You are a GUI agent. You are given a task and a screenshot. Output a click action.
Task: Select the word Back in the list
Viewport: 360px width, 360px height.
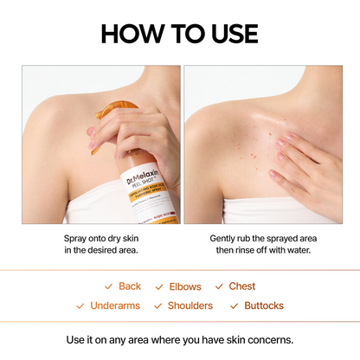pyautogui.click(x=130, y=286)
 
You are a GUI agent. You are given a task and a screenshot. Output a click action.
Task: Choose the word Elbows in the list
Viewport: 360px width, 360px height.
pyautogui.click(x=184, y=286)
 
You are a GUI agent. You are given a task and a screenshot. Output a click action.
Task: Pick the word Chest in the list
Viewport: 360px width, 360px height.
pyautogui.click(x=242, y=286)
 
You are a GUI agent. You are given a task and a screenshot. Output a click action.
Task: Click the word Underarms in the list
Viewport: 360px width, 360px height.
pyautogui.click(x=114, y=305)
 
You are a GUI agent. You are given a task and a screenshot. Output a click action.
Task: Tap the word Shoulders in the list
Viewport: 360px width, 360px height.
pyautogui.click(x=190, y=305)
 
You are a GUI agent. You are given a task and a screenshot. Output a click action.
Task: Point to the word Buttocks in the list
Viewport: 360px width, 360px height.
pyautogui.click(x=264, y=305)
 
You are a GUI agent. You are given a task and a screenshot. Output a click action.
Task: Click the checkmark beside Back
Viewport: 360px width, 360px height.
pyautogui.click(x=108, y=286)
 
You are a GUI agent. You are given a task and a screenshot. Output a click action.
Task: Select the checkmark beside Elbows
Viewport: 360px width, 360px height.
pyautogui.click(x=159, y=286)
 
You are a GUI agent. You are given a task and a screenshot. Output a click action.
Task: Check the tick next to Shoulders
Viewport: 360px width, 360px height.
pyautogui.click(x=157, y=305)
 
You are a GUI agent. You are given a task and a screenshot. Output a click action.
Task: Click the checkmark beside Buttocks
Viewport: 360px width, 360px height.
pyautogui.click(x=235, y=305)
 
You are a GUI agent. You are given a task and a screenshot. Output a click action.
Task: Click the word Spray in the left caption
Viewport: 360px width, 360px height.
pyautogui.click(x=77, y=237)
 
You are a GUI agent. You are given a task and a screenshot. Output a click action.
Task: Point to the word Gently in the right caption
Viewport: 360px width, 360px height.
pyautogui.click(x=225, y=237)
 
